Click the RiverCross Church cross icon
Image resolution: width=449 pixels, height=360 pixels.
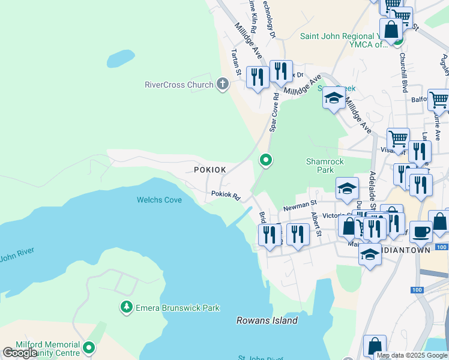tap(223, 84)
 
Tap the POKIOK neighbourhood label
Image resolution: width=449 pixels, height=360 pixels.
tap(210, 170)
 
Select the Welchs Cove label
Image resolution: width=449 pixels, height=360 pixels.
tap(160, 200)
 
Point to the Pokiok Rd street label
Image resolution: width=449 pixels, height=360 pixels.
tap(226, 195)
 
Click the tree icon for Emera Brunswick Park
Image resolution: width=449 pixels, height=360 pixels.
tap(126, 307)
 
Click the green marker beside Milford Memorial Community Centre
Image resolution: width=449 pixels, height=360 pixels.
tap(89, 347)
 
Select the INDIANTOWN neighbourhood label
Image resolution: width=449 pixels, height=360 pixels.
tap(408, 250)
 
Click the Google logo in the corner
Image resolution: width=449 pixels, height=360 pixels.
tap(20, 353)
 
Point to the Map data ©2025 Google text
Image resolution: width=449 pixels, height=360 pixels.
tap(412, 355)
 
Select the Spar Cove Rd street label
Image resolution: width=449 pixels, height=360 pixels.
tap(274, 112)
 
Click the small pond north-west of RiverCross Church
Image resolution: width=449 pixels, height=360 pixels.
tap(120, 58)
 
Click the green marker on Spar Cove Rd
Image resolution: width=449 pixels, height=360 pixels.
tap(265, 160)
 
